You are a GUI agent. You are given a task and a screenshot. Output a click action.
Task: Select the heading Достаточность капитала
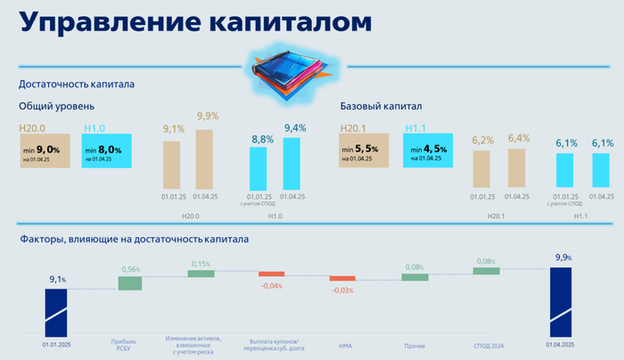[77, 86]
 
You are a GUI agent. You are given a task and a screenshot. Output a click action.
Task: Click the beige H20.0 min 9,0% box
[45, 150]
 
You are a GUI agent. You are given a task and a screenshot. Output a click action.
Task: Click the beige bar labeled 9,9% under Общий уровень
[205, 159]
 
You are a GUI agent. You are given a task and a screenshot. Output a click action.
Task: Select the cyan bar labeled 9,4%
[291, 162]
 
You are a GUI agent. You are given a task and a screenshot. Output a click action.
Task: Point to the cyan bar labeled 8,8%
[258, 168]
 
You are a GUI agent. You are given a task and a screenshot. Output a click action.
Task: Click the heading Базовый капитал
[382, 106]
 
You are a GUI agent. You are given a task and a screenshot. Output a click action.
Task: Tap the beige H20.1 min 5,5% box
[367, 150]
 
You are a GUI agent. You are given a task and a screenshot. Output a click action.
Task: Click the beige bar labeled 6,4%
[518, 168]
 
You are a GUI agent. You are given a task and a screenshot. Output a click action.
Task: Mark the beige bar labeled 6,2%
[481, 168]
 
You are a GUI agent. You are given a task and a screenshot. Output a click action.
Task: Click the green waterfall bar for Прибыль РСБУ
[130, 282]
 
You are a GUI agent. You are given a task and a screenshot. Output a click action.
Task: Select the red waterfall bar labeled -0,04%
[271, 274]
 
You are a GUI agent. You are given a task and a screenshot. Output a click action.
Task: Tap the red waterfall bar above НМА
[342, 279]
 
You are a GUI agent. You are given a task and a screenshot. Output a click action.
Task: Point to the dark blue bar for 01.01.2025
[56, 308]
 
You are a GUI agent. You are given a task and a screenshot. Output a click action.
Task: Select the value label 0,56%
[130, 269]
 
